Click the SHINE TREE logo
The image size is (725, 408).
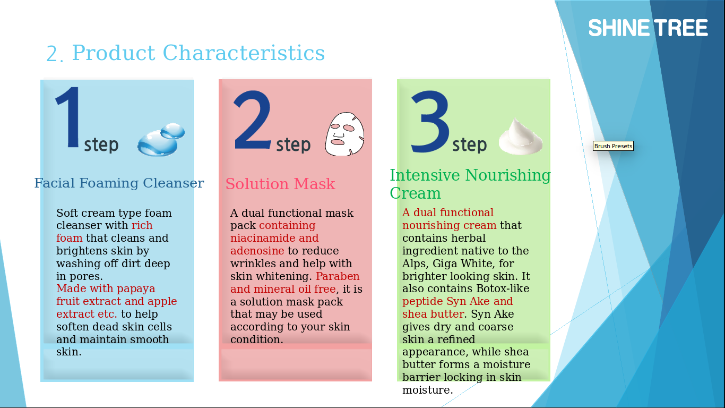(648, 28)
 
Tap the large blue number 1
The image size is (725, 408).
(68, 117)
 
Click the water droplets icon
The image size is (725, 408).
(161, 139)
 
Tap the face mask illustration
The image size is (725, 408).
(344, 134)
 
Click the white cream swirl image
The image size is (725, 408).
(521, 137)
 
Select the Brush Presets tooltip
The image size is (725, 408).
(613, 146)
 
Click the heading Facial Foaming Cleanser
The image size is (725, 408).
(119, 183)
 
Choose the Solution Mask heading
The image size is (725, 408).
(280, 184)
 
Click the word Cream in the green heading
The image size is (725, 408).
(415, 193)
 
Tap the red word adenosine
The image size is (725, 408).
(257, 251)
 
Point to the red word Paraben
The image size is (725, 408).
(338, 276)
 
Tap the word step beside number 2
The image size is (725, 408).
(293, 145)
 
